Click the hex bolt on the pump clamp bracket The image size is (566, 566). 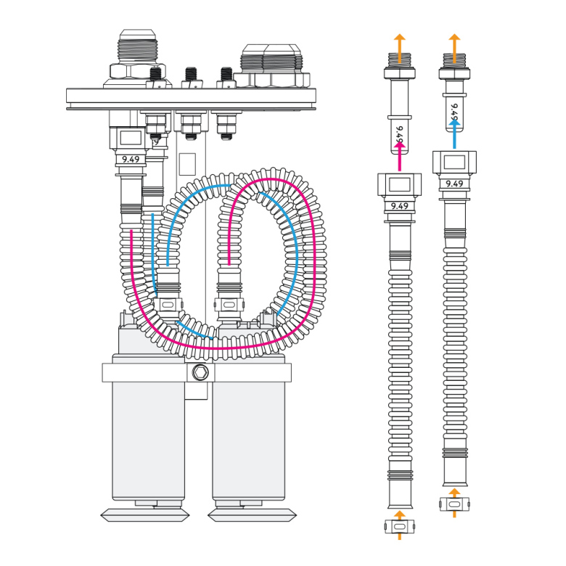[x=201, y=373]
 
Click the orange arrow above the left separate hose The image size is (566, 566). [x=398, y=42]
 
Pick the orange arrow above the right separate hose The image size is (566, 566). [x=454, y=42]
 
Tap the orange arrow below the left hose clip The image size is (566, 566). [x=398, y=535]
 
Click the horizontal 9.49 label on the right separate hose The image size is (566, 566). [x=454, y=184]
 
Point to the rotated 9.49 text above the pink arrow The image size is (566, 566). [x=398, y=134]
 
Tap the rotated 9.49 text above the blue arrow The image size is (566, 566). [x=454, y=110]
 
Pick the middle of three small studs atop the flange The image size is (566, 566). [x=191, y=75]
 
